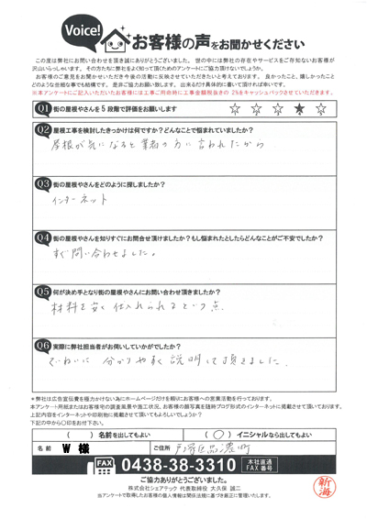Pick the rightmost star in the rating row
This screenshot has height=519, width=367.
[x=320, y=110]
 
